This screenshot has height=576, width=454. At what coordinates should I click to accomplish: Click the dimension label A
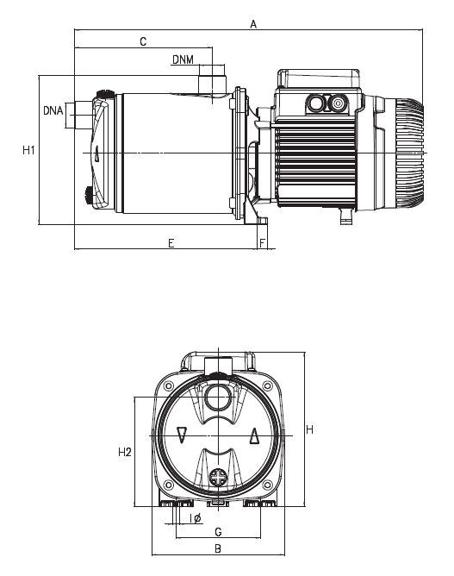tap(253, 25)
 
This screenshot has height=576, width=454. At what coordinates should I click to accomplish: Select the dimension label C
tap(143, 41)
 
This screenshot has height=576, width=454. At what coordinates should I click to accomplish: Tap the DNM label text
tap(183, 59)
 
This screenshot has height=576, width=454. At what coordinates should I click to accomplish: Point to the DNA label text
tap(53, 110)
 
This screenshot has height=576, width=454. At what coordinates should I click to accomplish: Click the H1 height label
tap(28, 150)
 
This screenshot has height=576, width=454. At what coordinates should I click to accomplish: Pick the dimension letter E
tap(171, 243)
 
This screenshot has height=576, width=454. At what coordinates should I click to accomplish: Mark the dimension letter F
tap(262, 243)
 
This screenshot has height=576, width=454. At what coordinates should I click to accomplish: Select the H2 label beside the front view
tap(124, 452)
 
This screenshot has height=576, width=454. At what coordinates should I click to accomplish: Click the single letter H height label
tap(308, 429)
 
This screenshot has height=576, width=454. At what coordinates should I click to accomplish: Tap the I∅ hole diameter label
tap(194, 517)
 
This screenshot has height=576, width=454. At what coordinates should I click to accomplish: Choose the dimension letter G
tap(218, 531)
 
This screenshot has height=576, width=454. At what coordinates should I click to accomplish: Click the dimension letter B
tap(218, 548)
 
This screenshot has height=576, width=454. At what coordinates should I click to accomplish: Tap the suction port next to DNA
tap(81, 116)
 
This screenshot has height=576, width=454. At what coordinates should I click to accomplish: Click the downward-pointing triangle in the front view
tap(182, 435)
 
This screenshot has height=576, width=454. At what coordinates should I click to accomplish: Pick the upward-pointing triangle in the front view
tap(254, 435)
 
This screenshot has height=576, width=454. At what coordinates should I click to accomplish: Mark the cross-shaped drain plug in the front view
tap(218, 477)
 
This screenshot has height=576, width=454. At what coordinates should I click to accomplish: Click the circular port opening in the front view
tap(217, 398)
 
